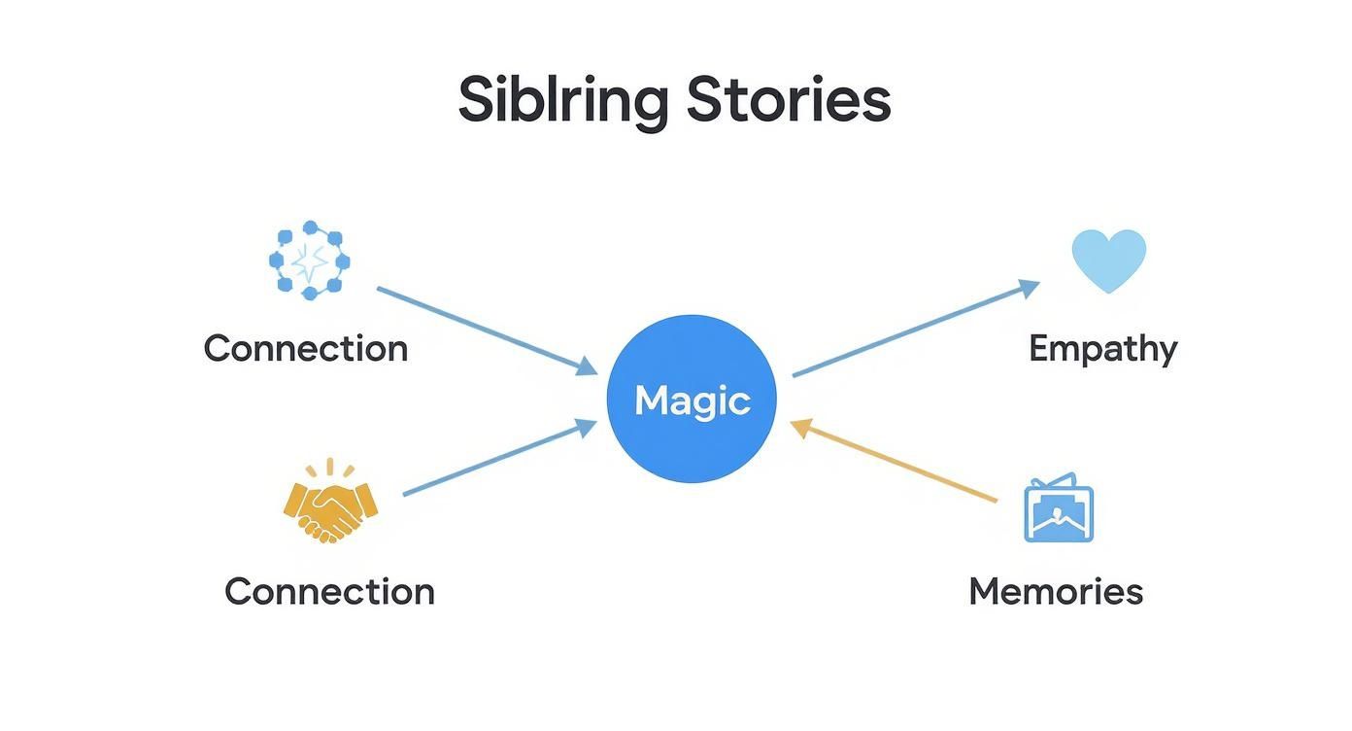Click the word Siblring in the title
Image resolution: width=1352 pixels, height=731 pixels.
(x=562, y=100)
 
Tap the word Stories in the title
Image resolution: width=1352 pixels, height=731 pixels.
(x=788, y=99)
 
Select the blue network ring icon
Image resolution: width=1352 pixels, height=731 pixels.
(x=309, y=261)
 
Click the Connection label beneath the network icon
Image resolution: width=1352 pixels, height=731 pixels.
(x=305, y=348)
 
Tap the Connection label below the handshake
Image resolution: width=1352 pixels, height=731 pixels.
(x=329, y=591)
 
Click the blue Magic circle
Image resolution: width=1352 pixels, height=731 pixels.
(x=692, y=400)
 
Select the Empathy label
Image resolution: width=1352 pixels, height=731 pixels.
(x=1102, y=348)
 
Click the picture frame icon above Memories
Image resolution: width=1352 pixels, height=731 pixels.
(x=1059, y=509)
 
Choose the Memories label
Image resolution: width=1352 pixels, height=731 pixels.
(x=1056, y=591)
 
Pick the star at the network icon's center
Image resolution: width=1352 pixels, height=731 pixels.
(x=309, y=261)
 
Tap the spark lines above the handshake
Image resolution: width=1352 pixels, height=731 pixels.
(x=330, y=470)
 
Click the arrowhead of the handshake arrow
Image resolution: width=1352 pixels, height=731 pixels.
(x=586, y=425)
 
